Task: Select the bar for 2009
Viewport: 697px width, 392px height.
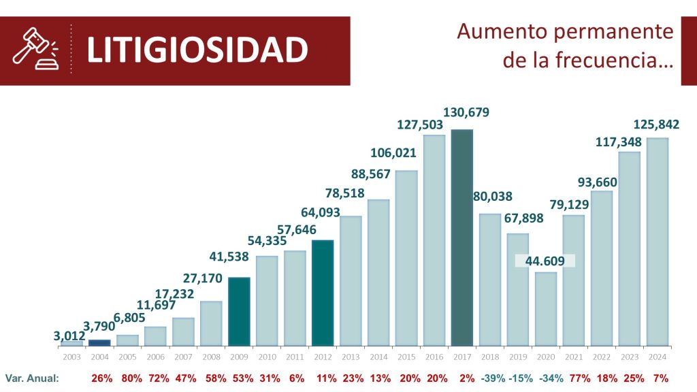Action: pos(239,311)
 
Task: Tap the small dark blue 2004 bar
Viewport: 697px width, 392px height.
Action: pos(99,342)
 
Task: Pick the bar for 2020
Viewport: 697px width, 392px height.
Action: pos(545,308)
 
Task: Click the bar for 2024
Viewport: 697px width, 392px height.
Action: pos(657,242)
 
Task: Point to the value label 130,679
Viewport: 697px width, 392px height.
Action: pos(466,112)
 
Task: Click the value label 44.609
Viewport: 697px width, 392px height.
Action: pos(545,261)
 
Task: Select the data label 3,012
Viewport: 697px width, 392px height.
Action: pos(69,335)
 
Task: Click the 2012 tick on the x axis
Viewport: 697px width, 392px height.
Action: pos(323,356)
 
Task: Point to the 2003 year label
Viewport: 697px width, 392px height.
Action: pos(71,356)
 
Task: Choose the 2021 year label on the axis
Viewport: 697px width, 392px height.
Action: pos(573,356)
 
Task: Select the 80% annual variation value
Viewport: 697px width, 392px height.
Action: pos(133,378)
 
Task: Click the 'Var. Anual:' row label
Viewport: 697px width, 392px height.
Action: pos(32,378)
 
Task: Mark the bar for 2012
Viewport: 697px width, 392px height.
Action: pos(323,292)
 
